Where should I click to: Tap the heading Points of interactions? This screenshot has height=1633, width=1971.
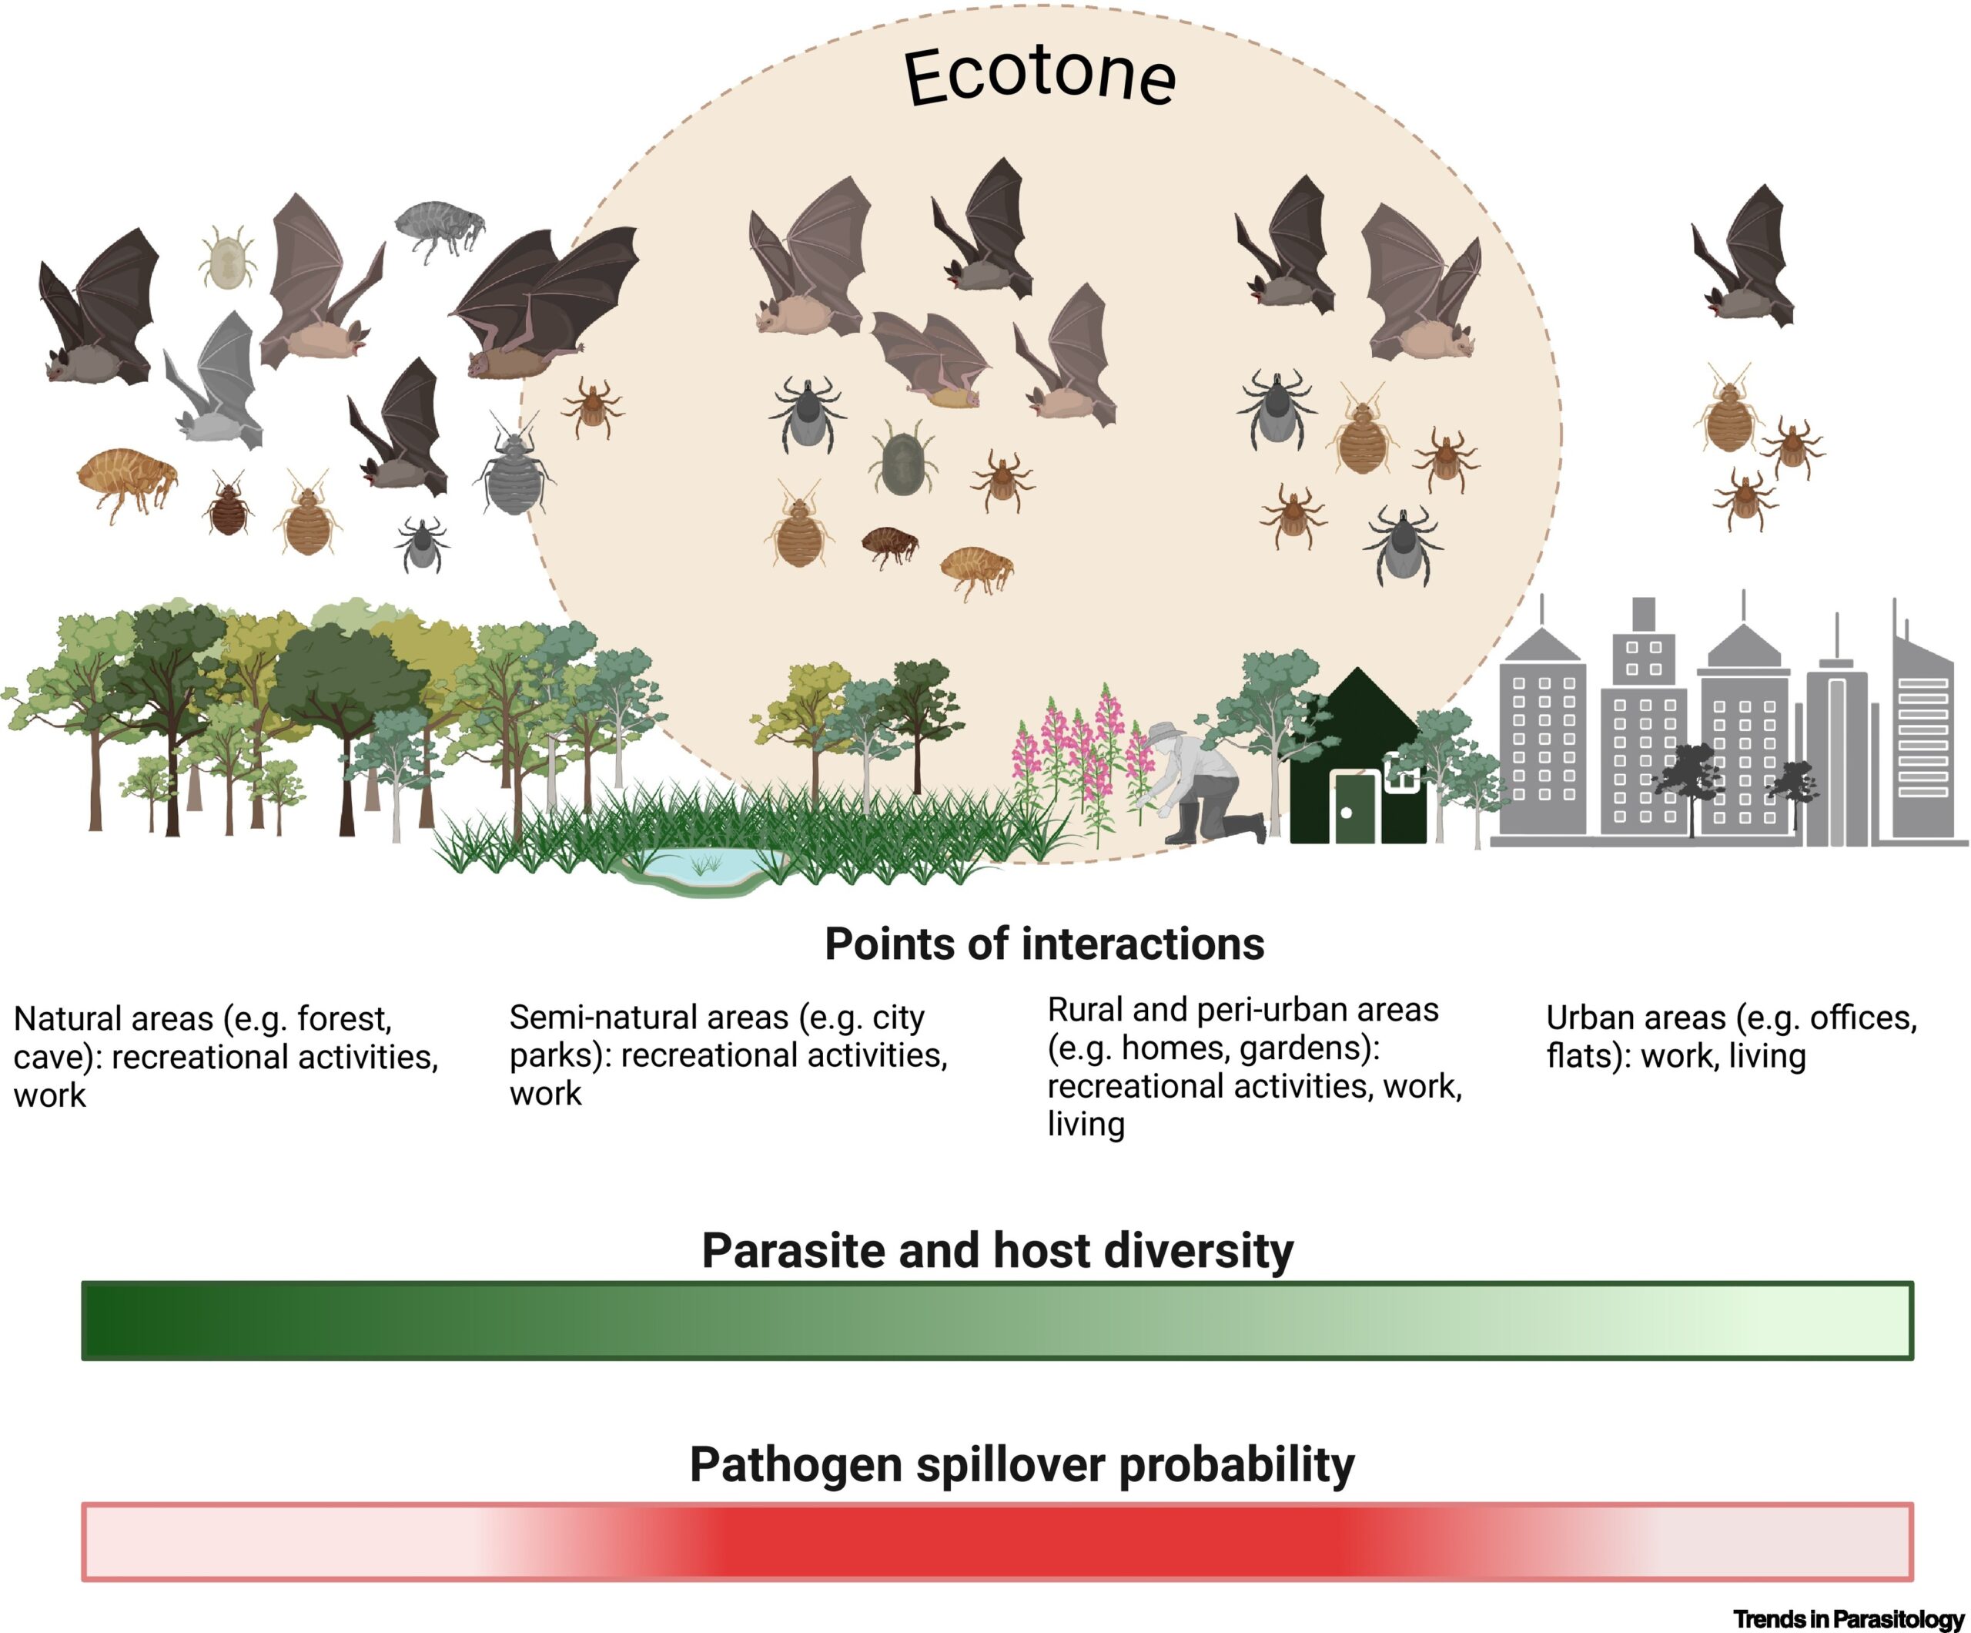pyautogui.click(x=1044, y=944)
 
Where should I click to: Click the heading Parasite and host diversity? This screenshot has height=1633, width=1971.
pyautogui.click(x=997, y=1251)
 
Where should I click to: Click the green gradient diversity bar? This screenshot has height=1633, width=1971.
pyautogui.click(x=997, y=1319)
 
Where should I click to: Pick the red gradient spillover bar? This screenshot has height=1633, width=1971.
pyautogui.click(x=997, y=1541)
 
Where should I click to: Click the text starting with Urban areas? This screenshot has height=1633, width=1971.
pyautogui.click(x=1732, y=1037)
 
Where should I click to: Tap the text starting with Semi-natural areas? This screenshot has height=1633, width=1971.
pyautogui.click(x=728, y=1055)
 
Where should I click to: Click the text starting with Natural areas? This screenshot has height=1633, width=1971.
pyautogui.click(x=226, y=1056)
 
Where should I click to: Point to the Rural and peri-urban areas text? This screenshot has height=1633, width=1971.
pyautogui.click(x=1255, y=1067)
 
